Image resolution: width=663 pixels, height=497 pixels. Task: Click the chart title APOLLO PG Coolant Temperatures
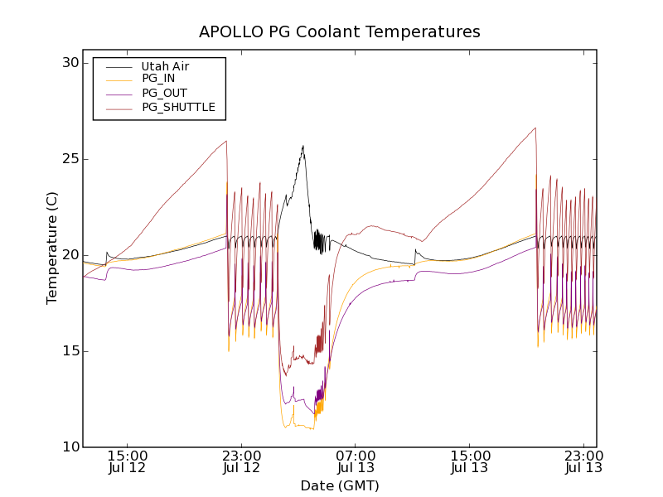pyautogui.click(x=339, y=32)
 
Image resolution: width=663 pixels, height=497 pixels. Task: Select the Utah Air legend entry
pyautogui.click(x=166, y=66)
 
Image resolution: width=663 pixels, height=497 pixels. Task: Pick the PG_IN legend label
pyautogui.click(x=158, y=79)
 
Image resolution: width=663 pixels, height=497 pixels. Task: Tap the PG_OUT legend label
pyautogui.click(x=163, y=93)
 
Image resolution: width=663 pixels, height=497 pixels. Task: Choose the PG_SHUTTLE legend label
pyautogui.click(x=178, y=107)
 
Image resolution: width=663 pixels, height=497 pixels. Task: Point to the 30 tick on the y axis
pyautogui.click(x=69, y=63)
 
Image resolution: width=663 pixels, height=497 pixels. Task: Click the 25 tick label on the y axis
pyautogui.click(x=69, y=159)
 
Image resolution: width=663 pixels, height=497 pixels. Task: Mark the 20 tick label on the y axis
pyautogui.click(x=69, y=255)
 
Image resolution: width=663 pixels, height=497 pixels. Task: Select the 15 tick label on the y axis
pyautogui.click(x=69, y=351)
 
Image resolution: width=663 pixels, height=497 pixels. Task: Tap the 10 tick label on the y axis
pyautogui.click(x=69, y=447)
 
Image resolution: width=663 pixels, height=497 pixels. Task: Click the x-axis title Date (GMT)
pyautogui.click(x=339, y=485)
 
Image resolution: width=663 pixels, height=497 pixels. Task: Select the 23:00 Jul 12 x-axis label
pyautogui.click(x=241, y=461)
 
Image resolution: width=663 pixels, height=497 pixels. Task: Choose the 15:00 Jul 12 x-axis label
pyautogui.click(x=128, y=461)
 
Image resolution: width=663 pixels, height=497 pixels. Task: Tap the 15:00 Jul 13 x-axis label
pyautogui.click(x=469, y=461)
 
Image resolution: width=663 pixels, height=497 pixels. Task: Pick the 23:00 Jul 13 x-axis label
pyautogui.click(x=583, y=461)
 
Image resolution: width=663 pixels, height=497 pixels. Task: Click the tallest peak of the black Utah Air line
pyautogui.click(x=303, y=146)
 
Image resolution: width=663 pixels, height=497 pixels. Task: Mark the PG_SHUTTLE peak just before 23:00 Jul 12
pyautogui.click(x=226, y=141)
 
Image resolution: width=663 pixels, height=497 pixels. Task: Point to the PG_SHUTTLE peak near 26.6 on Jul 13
pyautogui.click(x=535, y=128)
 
